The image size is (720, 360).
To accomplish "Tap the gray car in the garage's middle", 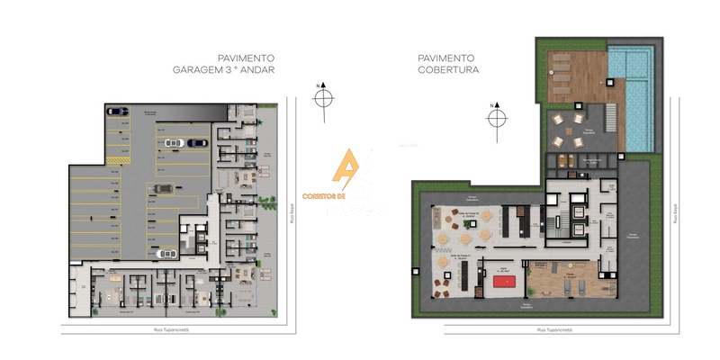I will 163,189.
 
